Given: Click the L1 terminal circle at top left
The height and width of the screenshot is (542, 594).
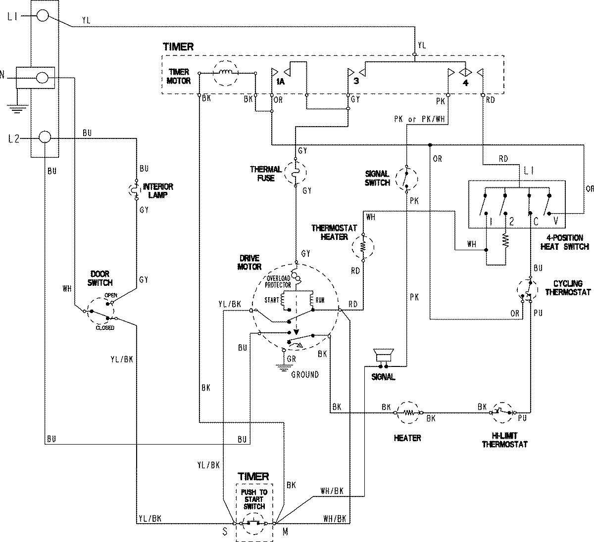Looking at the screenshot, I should [x=43, y=16].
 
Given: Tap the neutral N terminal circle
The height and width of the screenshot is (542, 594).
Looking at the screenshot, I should [x=43, y=78].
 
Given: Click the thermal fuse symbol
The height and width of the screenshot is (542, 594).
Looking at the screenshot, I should [x=296, y=173].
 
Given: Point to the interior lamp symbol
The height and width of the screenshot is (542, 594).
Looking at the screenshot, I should [x=136, y=190].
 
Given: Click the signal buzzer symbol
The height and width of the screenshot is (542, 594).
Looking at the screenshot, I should [x=383, y=356].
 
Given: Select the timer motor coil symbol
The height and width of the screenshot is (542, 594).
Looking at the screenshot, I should [x=226, y=73].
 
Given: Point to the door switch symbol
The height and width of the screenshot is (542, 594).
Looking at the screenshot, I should [x=101, y=311].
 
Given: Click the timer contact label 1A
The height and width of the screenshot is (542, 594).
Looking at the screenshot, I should [x=280, y=82].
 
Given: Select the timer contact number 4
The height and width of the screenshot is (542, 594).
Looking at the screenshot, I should [x=465, y=82].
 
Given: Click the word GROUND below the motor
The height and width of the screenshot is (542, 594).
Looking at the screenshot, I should [x=305, y=374].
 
